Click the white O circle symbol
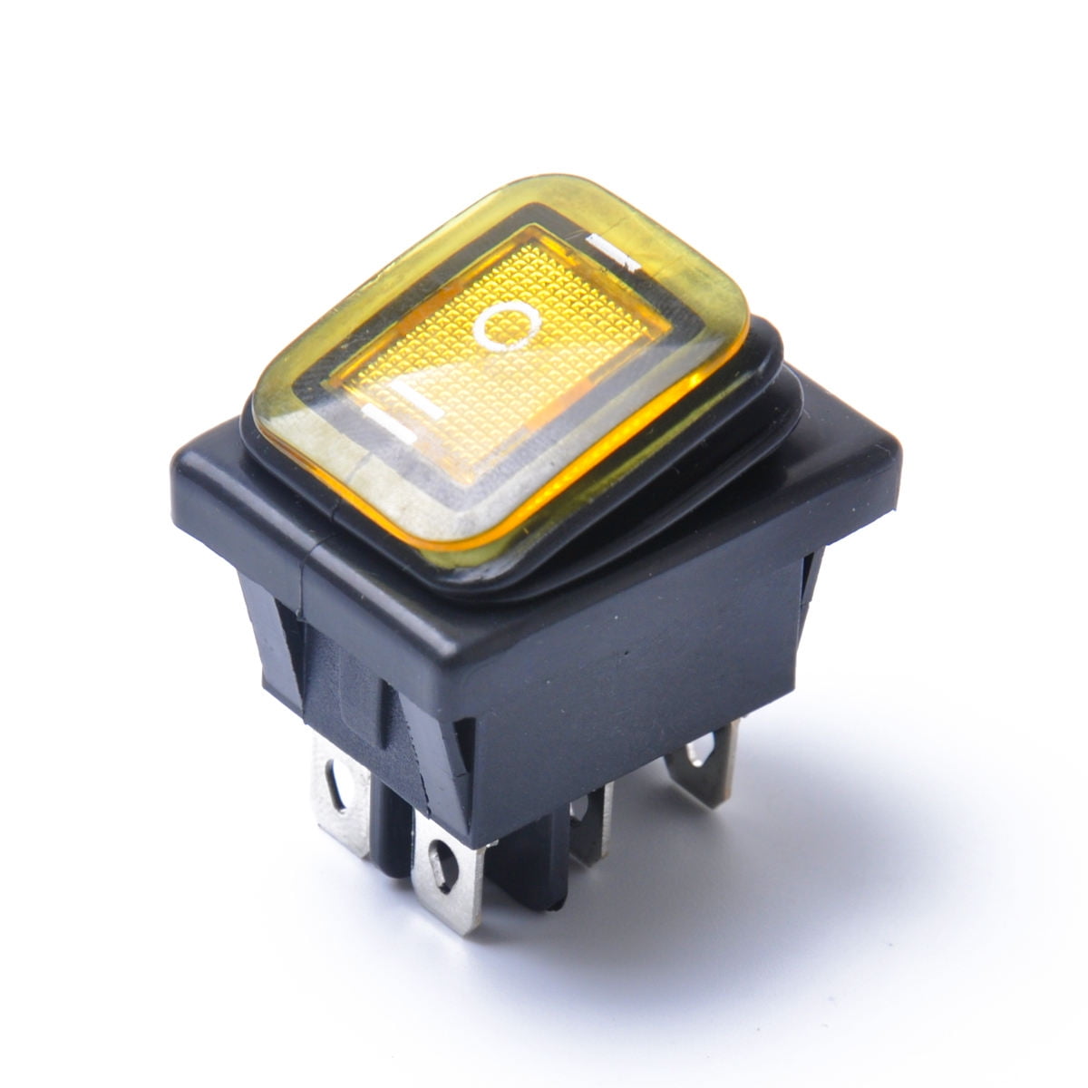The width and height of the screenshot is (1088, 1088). (506, 327)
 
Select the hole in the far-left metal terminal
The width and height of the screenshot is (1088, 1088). (339, 787)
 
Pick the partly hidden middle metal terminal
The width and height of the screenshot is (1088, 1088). (589, 821)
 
